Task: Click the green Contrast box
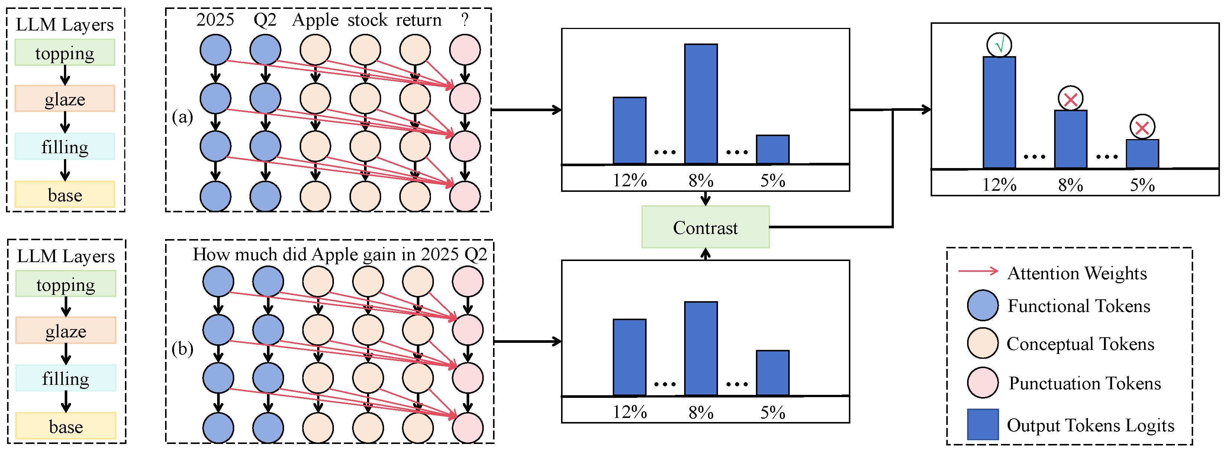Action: tap(705, 227)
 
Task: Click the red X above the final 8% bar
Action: tap(1070, 99)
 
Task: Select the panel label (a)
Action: tap(183, 117)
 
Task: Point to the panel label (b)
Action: tap(183, 349)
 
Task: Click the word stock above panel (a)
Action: tap(367, 20)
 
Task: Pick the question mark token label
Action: tap(465, 20)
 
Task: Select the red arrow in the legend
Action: tap(978, 271)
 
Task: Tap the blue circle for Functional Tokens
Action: tap(983, 305)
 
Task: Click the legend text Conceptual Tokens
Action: tap(1080, 344)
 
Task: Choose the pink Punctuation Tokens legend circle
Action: tap(983, 383)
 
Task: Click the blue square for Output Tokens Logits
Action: tap(983, 424)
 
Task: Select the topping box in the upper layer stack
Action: tap(65, 52)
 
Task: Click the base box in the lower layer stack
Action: tap(66, 426)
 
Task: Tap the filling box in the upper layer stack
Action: tap(65, 147)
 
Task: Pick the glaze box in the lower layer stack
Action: tap(66, 331)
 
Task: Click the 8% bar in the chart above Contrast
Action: tap(701, 104)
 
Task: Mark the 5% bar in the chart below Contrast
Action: tap(773, 373)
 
